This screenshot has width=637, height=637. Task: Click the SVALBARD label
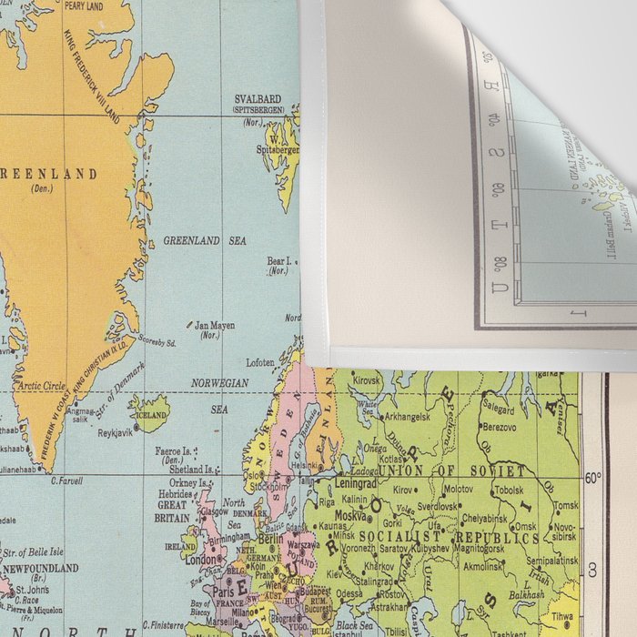click(x=258, y=99)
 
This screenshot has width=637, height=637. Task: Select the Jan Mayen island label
click(x=216, y=324)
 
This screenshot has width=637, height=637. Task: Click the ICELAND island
click(x=151, y=415)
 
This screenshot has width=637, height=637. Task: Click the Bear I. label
click(x=278, y=260)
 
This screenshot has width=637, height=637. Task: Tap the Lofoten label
click(x=260, y=362)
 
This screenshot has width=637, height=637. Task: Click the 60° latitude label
click(x=592, y=477)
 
